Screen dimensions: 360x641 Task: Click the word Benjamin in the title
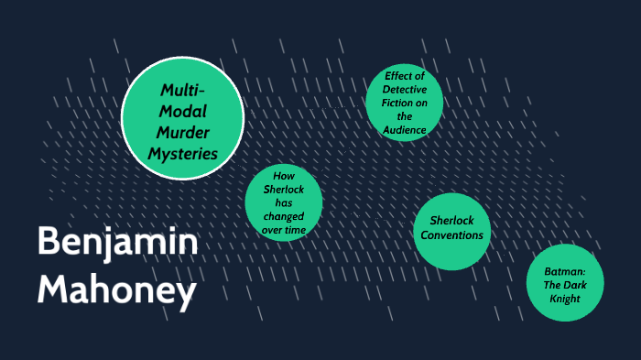pyautogui.click(x=116, y=242)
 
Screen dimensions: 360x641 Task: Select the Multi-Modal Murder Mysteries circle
pyautogui.click(x=183, y=120)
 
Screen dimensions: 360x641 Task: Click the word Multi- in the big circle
pyautogui.click(x=182, y=90)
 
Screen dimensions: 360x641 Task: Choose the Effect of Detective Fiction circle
pyautogui.click(x=404, y=103)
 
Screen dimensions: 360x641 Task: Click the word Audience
pyautogui.click(x=404, y=130)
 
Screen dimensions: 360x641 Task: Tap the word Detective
pyautogui.click(x=405, y=90)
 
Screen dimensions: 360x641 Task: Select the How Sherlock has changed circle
pyautogui.click(x=284, y=202)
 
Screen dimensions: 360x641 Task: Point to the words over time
pyautogui.click(x=284, y=230)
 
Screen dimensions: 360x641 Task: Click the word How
pyautogui.click(x=284, y=175)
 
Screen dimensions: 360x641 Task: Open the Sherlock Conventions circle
pyautogui.click(x=450, y=229)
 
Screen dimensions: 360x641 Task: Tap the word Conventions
pyautogui.click(x=450, y=236)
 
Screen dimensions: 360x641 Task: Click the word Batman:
pyautogui.click(x=567, y=271)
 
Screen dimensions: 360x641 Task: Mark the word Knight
pyautogui.click(x=567, y=298)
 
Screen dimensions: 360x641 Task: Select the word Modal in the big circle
pyautogui.click(x=183, y=111)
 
